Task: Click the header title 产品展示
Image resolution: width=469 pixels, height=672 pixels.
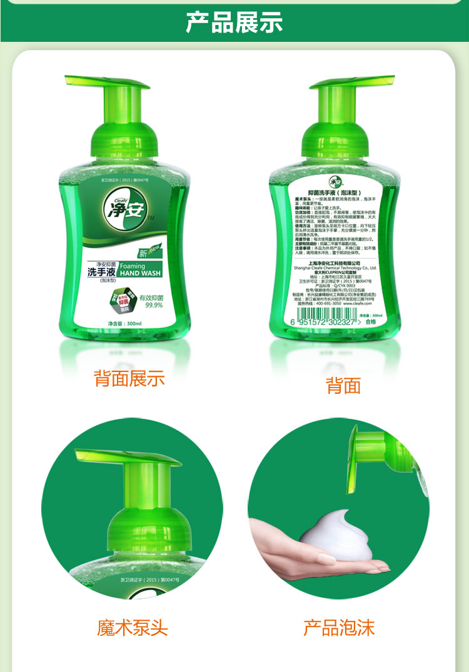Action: click(x=234, y=21)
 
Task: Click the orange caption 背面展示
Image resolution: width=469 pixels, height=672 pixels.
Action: click(x=129, y=378)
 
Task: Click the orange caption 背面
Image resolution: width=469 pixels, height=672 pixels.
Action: click(x=343, y=386)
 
